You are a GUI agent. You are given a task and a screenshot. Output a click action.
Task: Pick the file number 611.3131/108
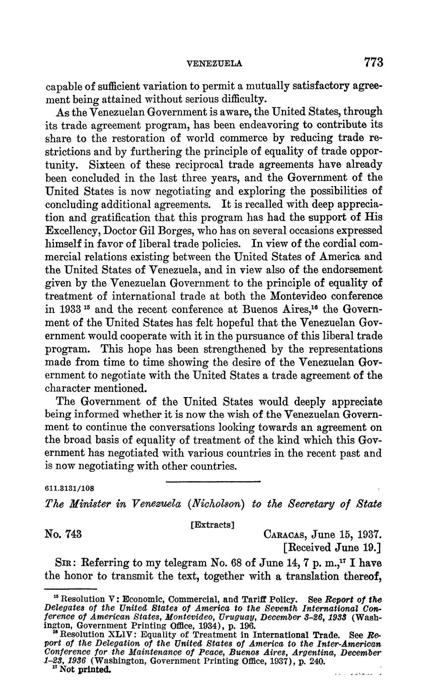[x=70, y=488]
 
